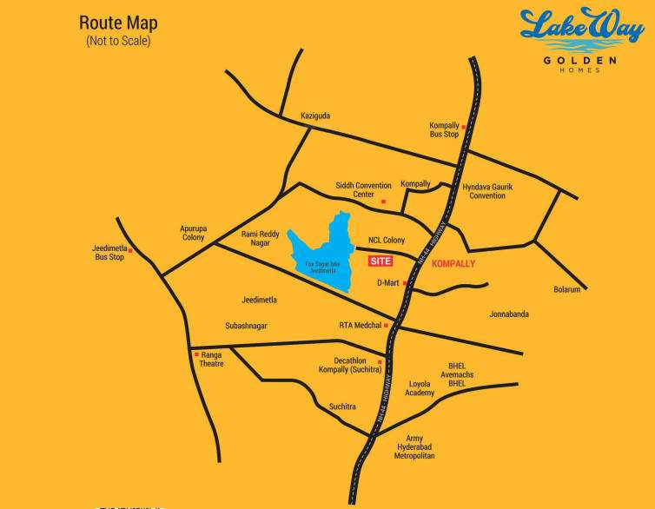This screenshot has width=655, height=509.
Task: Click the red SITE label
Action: click(x=380, y=261)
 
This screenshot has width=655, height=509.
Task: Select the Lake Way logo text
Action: click(x=581, y=31)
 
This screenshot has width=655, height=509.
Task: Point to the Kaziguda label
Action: click(x=315, y=116)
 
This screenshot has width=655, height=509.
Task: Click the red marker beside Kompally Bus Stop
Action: click(x=464, y=127)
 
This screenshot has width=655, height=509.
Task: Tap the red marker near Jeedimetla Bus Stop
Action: click(x=130, y=251)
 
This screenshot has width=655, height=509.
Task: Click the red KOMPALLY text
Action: click(x=453, y=263)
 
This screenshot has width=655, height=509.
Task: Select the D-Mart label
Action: click(x=387, y=283)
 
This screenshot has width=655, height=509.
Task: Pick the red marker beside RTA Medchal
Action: click(x=387, y=326)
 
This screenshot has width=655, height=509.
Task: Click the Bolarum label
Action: click(x=566, y=289)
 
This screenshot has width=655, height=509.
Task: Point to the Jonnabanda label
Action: click(x=509, y=314)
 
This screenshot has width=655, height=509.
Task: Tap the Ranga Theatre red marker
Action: click(x=196, y=354)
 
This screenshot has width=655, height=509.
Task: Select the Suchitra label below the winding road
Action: click(x=342, y=407)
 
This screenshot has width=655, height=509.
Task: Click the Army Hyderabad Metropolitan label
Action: click(x=414, y=447)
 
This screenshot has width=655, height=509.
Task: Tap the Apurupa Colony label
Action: click(x=193, y=233)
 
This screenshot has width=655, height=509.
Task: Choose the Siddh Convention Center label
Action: click(x=364, y=189)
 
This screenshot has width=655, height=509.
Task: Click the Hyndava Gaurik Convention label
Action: click(x=487, y=191)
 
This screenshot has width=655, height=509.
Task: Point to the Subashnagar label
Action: click(x=246, y=326)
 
